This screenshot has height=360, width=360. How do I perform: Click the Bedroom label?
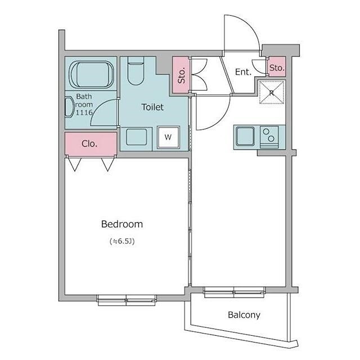pyautogui.click(x=122, y=224)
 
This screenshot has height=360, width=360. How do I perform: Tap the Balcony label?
pyautogui.click(x=244, y=315)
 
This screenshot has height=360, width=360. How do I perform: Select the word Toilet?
pyautogui.click(x=152, y=107)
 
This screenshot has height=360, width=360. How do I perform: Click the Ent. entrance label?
pyautogui.click(x=243, y=72)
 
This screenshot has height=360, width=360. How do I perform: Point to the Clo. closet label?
pyautogui.click(x=89, y=144)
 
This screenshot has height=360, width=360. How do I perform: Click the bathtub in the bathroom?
pyautogui.click(x=91, y=74)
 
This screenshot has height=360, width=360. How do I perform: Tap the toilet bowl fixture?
pyautogui.click(x=136, y=71)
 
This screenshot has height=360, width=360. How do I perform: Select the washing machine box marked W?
pyautogui.click(x=168, y=137)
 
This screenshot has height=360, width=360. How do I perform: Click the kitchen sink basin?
pyautogui.click(x=245, y=137)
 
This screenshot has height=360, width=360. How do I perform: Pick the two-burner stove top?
pyautogui.click(x=269, y=137)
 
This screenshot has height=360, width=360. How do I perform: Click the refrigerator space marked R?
pyautogui.click(x=272, y=92)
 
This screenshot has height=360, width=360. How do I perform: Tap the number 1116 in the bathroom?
pyautogui.click(x=84, y=112)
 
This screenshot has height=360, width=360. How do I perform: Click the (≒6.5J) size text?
pyautogui.click(x=122, y=241)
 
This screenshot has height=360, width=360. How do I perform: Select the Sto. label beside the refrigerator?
pyautogui.click(x=277, y=68)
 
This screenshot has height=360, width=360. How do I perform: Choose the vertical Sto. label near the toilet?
pyautogui.click(x=181, y=75)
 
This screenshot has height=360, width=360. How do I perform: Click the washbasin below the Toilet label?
pyautogui.click(x=136, y=137)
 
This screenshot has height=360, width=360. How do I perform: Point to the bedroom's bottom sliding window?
pyautogui.click(x=127, y=300)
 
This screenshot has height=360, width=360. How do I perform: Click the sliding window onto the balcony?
pyautogui.click(x=234, y=292)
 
